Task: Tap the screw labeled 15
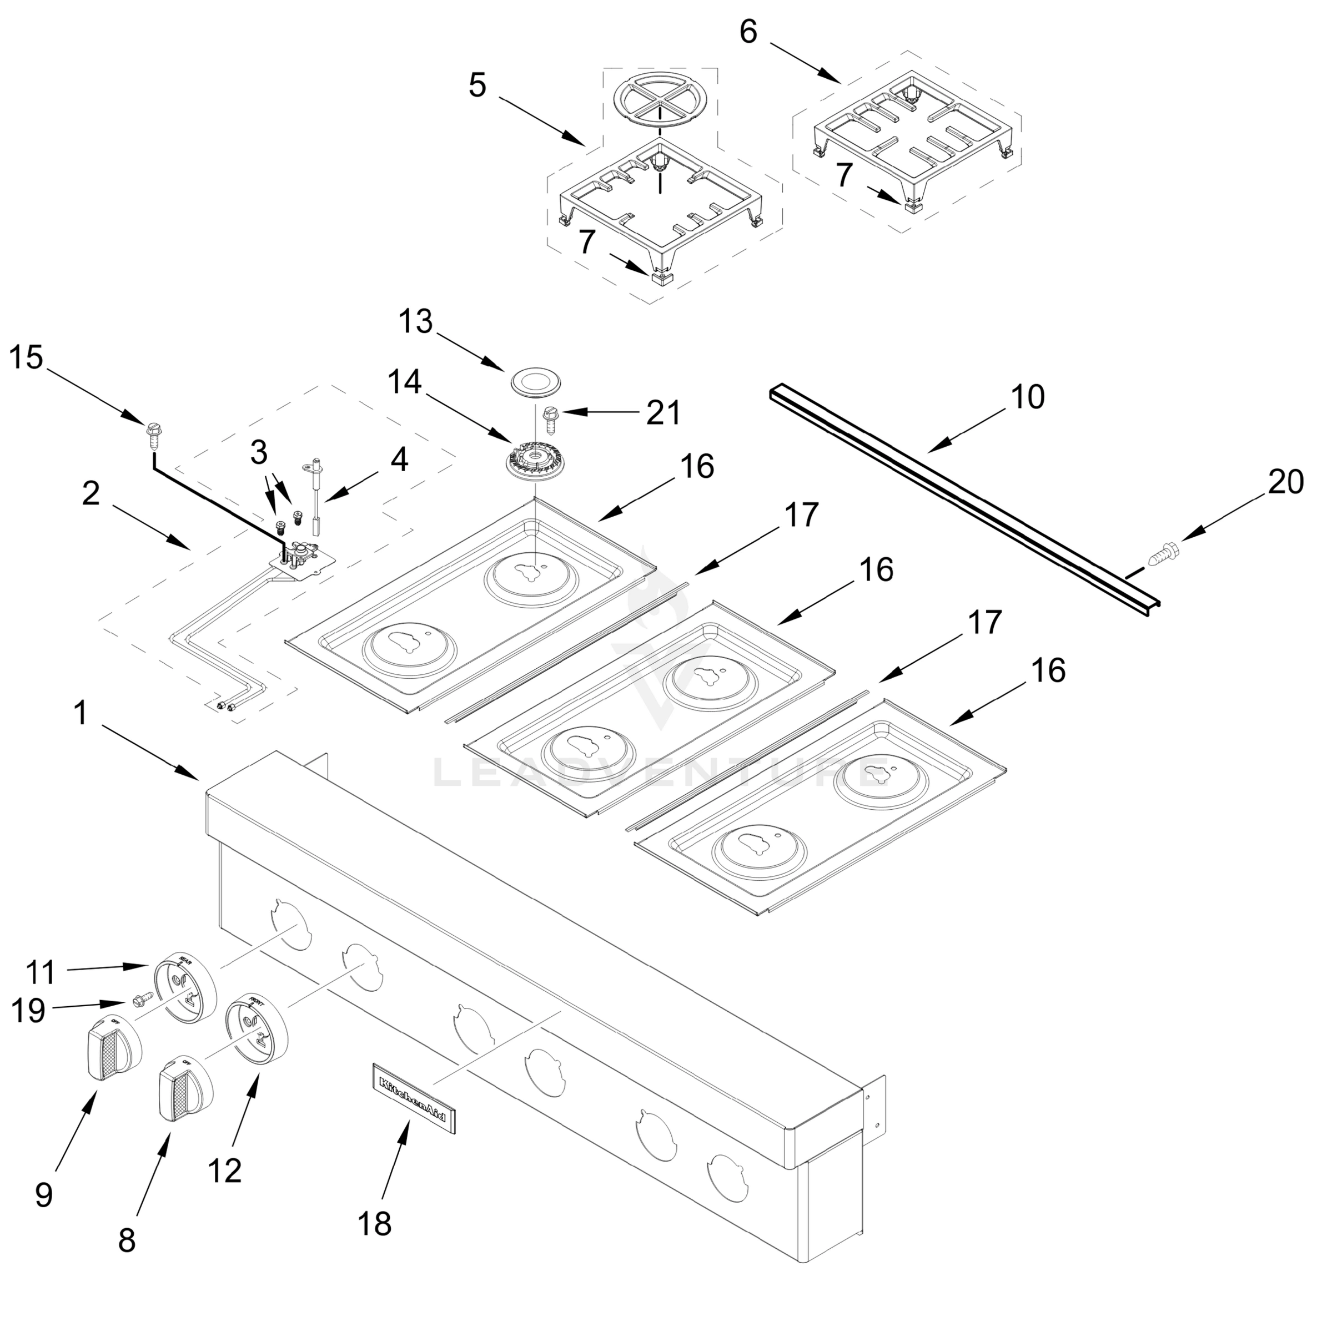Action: pyautogui.click(x=153, y=436)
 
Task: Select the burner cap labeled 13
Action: pyautogui.click(x=536, y=382)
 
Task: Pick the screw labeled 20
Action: pyautogui.click(x=1163, y=552)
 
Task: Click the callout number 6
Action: pyautogui.click(x=748, y=32)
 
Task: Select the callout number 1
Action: pyautogui.click(x=82, y=714)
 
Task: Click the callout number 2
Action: pyautogui.click(x=91, y=495)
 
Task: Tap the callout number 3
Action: pyautogui.click(x=259, y=453)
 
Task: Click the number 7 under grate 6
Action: pyautogui.click(x=844, y=175)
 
